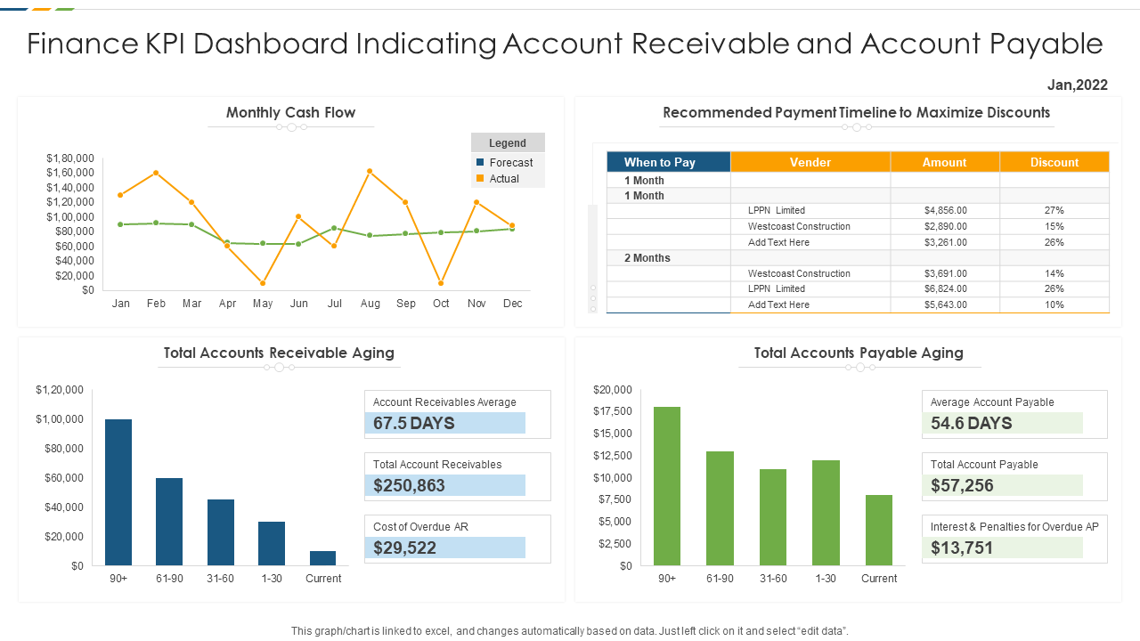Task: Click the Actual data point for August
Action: point(370,171)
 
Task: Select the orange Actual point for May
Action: point(263,283)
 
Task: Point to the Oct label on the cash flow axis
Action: point(441,304)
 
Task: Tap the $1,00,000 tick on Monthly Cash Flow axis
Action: point(70,217)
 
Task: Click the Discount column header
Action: point(1054,162)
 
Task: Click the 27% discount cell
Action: point(1054,210)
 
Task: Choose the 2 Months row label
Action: point(647,258)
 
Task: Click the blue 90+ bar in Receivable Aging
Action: point(118,491)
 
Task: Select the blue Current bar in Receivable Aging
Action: point(323,558)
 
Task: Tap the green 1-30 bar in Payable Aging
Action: point(826,512)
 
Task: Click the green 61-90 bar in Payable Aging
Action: point(720,507)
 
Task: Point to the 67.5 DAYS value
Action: point(414,423)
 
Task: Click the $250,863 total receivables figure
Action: point(410,485)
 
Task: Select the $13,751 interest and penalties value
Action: point(962,548)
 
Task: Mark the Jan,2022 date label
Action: point(1077,85)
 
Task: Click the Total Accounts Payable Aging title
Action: point(859,353)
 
